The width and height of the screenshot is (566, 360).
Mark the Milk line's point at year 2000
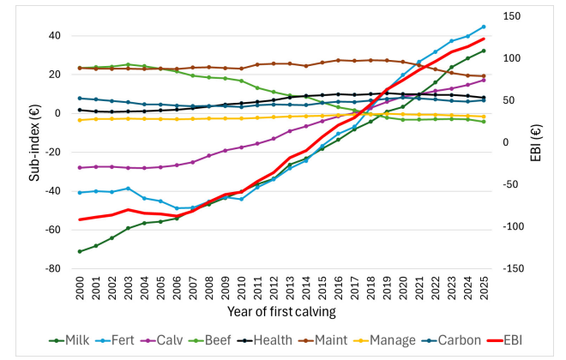click(80, 251)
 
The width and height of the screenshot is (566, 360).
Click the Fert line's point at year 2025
click(485, 27)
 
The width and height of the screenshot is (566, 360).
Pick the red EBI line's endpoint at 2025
click(485, 39)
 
